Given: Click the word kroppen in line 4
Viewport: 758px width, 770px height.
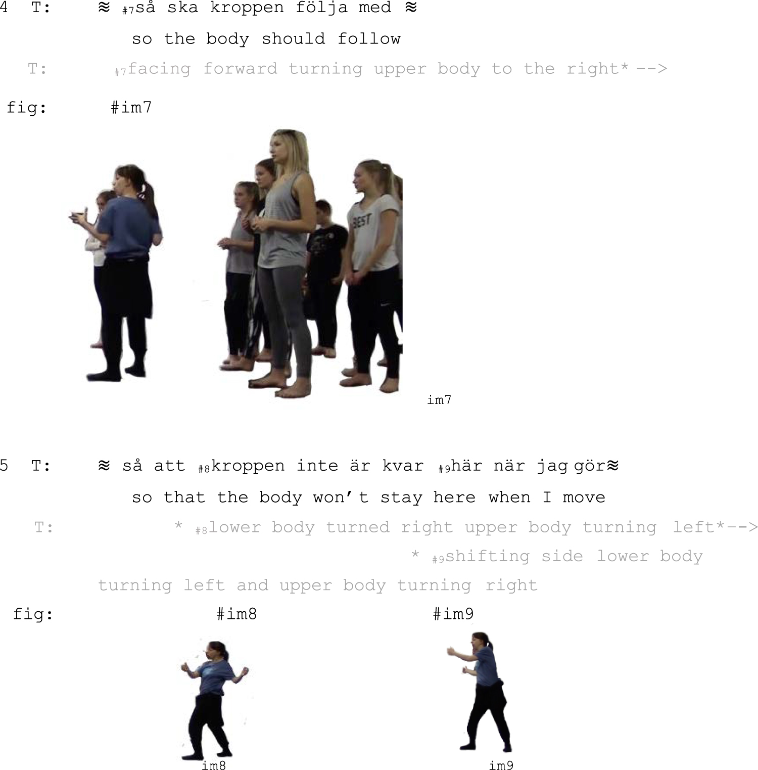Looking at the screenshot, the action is [248, 8].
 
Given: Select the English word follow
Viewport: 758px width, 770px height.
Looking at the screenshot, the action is [369, 39].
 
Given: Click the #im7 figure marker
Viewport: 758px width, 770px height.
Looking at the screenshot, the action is [131, 107].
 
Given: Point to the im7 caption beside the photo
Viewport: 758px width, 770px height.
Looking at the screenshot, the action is [439, 400].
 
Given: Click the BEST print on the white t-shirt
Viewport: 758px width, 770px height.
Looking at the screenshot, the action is [362, 221].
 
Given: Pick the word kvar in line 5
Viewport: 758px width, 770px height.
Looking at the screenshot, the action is [403, 466].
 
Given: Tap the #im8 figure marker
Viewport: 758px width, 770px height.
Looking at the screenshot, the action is [236, 614].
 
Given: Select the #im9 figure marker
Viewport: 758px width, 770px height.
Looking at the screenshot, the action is [453, 614].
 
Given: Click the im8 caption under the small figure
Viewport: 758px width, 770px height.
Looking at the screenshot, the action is [214, 765].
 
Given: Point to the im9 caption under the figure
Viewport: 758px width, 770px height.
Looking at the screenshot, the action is [501, 765].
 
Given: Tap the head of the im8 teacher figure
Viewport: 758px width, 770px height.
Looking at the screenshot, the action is [215, 651].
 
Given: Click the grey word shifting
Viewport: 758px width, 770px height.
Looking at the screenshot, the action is [488, 556].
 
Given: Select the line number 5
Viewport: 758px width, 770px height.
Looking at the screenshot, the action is [4, 465].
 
